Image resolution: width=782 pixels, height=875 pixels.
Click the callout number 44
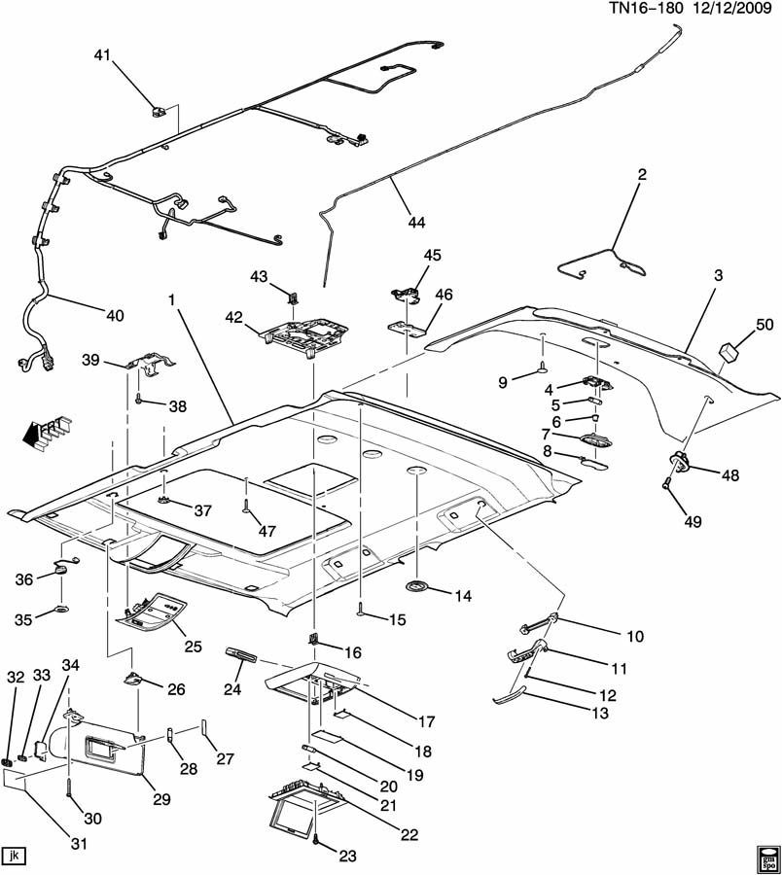pyautogui.click(x=416, y=222)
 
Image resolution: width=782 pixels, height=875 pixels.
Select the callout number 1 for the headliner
pyautogui.click(x=172, y=300)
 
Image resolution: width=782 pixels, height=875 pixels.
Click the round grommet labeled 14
pyautogui.click(x=417, y=586)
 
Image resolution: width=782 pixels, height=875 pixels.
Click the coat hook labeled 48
pyautogui.click(x=681, y=461)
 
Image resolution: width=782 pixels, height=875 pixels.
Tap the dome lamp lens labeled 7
pyautogui.click(x=595, y=439)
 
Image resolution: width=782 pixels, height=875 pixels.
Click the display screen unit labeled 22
pyautogui.click(x=299, y=805)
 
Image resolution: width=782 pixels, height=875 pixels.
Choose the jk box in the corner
pyautogui.click(x=14, y=855)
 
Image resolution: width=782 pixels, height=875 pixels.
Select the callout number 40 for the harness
pyautogui.click(x=115, y=315)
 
